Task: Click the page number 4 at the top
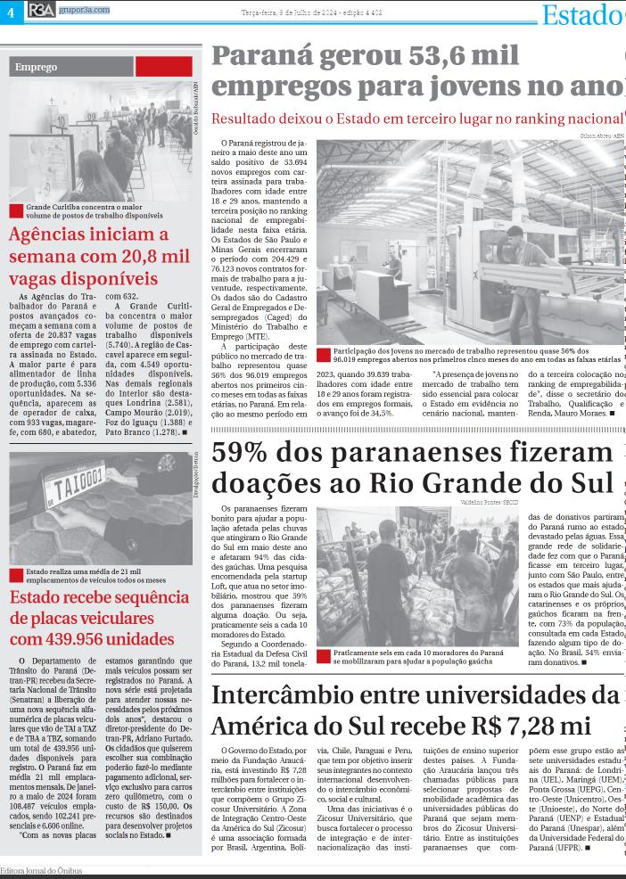11,10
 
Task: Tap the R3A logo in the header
39,9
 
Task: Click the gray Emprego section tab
72,67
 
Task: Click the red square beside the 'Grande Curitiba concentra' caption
15,210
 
